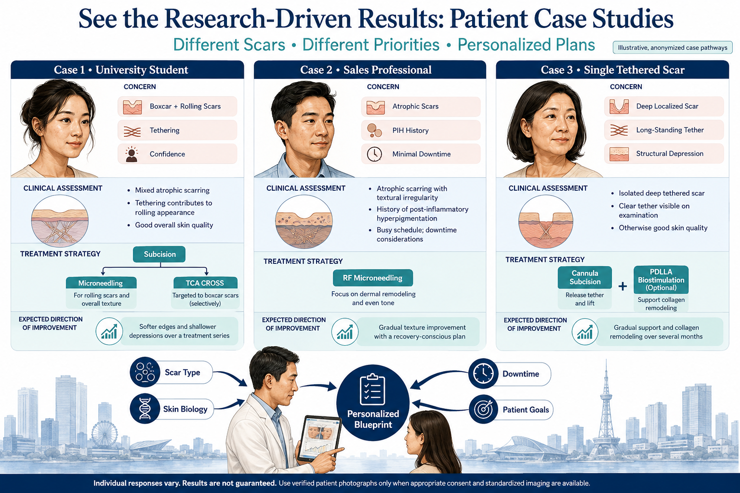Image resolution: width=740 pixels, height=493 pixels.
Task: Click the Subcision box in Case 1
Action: pyautogui.click(x=159, y=254)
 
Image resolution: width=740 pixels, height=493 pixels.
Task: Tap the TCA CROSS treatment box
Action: pyautogui.click(x=205, y=283)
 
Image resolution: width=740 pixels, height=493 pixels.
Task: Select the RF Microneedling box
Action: pyautogui.click(x=372, y=278)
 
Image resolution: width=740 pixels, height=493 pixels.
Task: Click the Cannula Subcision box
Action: pyautogui.click(x=585, y=277)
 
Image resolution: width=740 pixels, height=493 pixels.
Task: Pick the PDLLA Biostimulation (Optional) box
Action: pyautogui.click(x=661, y=280)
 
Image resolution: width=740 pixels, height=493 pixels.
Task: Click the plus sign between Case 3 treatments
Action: pyautogui.click(x=623, y=286)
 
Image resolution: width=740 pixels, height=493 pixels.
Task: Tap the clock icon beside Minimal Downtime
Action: pyautogui.click(x=374, y=154)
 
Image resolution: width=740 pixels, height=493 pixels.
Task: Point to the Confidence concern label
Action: pyautogui.click(x=167, y=154)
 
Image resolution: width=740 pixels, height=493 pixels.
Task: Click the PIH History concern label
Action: pyautogui.click(x=410, y=130)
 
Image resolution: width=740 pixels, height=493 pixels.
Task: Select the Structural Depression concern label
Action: pyautogui.click(x=670, y=154)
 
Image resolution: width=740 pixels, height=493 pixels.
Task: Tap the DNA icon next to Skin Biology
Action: pyautogui.click(x=145, y=408)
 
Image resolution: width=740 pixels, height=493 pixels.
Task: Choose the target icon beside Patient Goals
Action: pyautogui.click(x=483, y=409)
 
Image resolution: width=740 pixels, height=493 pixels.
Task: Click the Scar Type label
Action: pyautogui.click(x=183, y=373)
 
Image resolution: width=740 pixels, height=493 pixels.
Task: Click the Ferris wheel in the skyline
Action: pyautogui.click(x=104, y=434)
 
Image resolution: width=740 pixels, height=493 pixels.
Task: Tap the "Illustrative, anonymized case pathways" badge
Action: pyautogui.click(x=672, y=48)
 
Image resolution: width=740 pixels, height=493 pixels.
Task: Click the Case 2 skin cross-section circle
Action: pyautogui.click(x=304, y=221)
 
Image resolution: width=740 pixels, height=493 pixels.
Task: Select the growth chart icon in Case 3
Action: pyautogui.click(x=585, y=332)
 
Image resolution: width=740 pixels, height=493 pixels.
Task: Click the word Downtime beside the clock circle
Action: pyautogui.click(x=521, y=374)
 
